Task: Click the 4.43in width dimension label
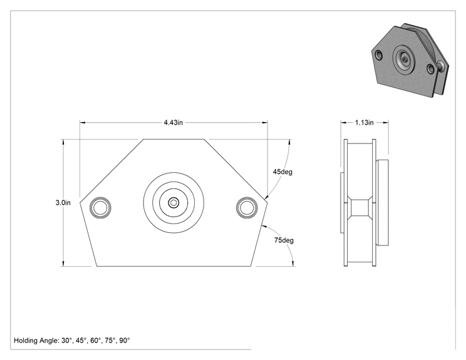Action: pos(173,122)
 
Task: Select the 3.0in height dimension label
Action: pos(63,203)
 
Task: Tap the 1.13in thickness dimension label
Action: pos(364,122)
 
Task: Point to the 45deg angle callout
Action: pos(282,172)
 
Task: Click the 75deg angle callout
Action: pos(284,240)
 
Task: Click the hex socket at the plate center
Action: pos(173,203)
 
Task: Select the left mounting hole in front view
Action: pos(100,207)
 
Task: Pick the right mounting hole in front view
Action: pos(247,207)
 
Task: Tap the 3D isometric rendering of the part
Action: pos(410,60)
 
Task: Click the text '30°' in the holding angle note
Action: pos(67,341)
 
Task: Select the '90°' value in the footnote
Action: pos(125,341)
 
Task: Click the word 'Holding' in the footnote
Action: pos(26,341)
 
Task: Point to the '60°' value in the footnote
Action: pos(96,341)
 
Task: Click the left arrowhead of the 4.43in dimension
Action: pos(82,122)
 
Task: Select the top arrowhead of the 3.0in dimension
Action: pos(63,141)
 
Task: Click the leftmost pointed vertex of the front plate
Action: pos(80,203)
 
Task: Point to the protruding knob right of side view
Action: pos(382,202)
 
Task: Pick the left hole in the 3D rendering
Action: pos(378,54)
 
